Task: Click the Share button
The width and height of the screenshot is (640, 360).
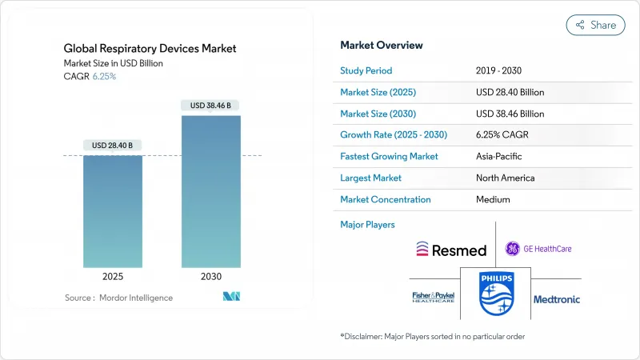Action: (595, 25)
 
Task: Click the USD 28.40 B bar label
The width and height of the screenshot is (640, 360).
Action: (112, 146)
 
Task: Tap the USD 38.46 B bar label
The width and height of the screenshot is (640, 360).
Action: (211, 105)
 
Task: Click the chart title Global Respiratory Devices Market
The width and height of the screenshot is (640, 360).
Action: (150, 49)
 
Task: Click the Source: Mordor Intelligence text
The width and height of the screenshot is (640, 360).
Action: (118, 298)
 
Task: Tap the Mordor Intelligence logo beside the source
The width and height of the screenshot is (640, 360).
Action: (230, 297)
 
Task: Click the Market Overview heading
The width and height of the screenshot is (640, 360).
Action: (382, 45)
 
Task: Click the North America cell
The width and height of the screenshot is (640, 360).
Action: (505, 178)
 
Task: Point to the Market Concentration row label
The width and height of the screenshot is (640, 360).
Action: (386, 200)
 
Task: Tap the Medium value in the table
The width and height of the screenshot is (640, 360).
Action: (493, 200)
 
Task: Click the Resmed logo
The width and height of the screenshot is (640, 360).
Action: (451, 250)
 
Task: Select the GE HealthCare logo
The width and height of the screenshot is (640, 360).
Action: (538, 249)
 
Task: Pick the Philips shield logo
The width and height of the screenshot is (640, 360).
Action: (495, 294)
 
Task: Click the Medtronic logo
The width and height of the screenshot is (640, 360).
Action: (557, 299)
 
